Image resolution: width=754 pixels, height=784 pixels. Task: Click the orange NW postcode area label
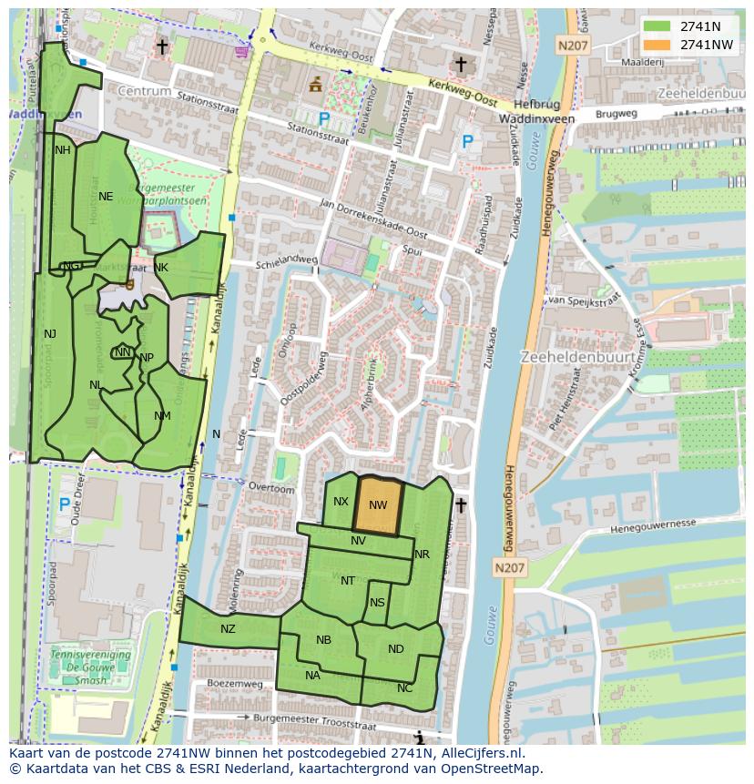378,505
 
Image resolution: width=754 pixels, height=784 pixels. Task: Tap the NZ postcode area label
228,628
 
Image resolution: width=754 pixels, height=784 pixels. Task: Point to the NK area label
161,268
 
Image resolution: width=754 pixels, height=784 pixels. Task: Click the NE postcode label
106,197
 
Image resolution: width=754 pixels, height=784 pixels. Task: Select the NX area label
341,502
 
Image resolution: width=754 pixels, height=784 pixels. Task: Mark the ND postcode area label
395,649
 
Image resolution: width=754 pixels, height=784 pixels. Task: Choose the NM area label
162,416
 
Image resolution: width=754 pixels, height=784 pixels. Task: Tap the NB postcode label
323,640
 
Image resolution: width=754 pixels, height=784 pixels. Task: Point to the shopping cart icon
241,51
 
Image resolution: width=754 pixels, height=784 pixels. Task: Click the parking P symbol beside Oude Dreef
65,504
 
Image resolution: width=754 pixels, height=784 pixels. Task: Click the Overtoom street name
273,489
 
